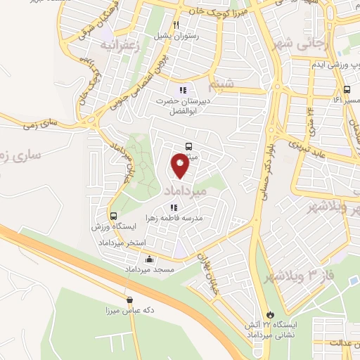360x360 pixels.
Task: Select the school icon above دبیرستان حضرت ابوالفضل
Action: pyautogui.click(x=183, y=90)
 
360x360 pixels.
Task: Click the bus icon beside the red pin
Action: pyautogui.click(x=188, y=146)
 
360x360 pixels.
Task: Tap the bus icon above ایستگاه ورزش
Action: pyautogui.click(x=113, y=216)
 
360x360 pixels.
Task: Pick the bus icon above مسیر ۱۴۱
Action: pyautogui.click(x=346, y=90)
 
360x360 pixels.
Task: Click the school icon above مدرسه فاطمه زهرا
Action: pyautogui.click(x=173, y=207)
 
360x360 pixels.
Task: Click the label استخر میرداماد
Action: pyautogui.click(x=127, y=242)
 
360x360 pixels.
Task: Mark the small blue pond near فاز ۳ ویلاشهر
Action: pyautogui.click(x=352, y=283)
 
